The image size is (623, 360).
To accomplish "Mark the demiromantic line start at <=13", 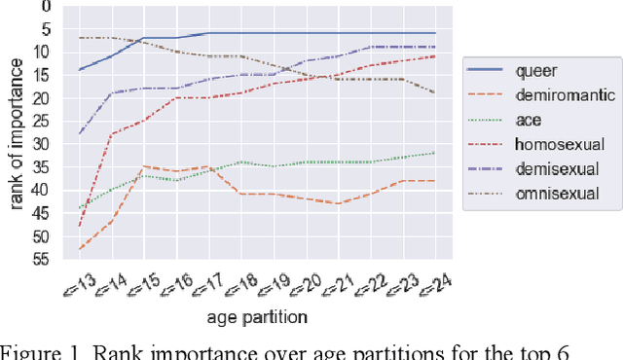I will [80, 249].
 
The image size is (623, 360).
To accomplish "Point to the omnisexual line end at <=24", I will [435, 92].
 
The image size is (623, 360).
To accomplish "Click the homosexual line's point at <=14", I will [112, 134].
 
